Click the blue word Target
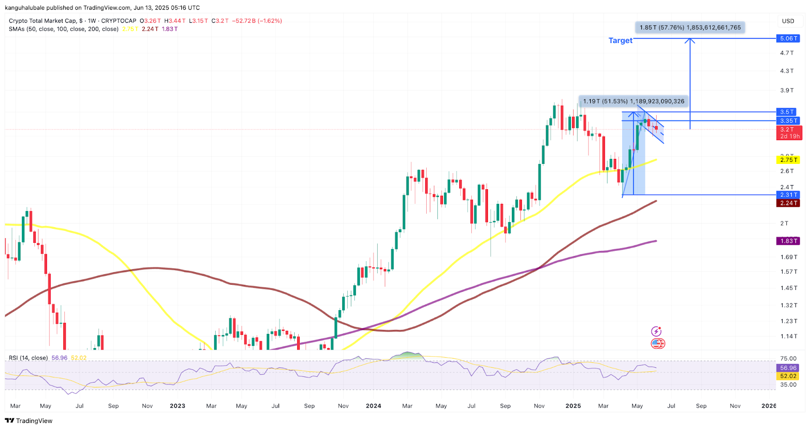pyautogui.click(x=620, y=40)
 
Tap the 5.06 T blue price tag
pyautogui.click(x=788, y=38)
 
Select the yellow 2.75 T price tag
pyautogui.click(x=788, y=160)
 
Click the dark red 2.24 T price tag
pyautogui.click(x=788, y=203)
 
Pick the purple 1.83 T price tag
pyautogui.click(x=788, y=241)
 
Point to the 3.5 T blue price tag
pyautogui.click(x=787, y=112)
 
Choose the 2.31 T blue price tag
pyautogui.click(x=788, y=195)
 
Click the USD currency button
pyautogui.click(x=788, y=21)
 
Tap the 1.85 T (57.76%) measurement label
pyautogui.click(x=690, y=27)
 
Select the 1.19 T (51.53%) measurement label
pyautogui.click(x=633, y=101)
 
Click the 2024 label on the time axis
pyautogui.click(x=374, y=406)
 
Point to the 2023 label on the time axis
pyautogui.click(x=177, y=406)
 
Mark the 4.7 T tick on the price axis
pyautogui.click(x=787, y=53)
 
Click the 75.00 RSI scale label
pyautogui.click(x=788, y=359)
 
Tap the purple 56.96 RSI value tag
pyautogui.click(x=788, y=368)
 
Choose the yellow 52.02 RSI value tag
pyautogui.click(x=788, y=376)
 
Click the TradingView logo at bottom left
pyautogui.click(x=29, y=421)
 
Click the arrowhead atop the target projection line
pyautogui.click(x=690, y=40)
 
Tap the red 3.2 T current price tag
pyautogui.click(x=790, y=133)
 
